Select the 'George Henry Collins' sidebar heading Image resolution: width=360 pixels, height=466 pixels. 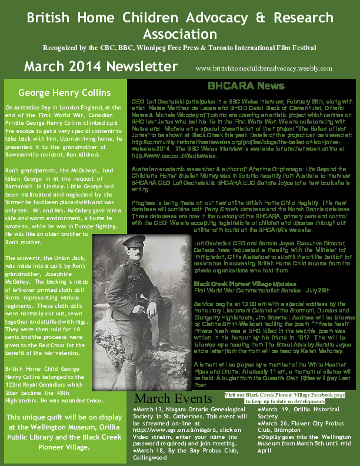click(x=64, y=92)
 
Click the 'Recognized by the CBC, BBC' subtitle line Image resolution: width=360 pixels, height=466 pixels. click(x=179, y=46)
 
